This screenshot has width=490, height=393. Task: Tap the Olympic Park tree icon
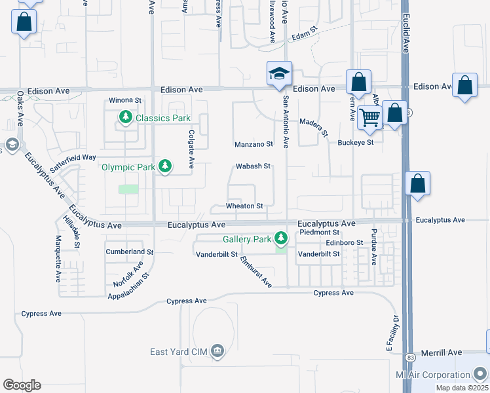click(x=166, y=166)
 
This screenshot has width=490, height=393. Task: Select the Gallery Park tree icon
click(x=281, y=237)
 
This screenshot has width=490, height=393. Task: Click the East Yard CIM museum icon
click(x=217, y=352)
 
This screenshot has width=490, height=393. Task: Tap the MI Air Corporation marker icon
click(x=480, y=375)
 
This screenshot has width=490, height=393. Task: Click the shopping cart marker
click(x=370, y=117)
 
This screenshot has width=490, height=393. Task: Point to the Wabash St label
click(x=253, y=166)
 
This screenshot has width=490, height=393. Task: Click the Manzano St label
click(x=254, y=144)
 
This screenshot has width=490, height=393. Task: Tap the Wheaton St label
click(x=244, y=206)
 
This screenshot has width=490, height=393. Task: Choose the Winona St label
click(x=125, y=100)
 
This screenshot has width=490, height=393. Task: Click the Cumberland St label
click(x=130, y=252)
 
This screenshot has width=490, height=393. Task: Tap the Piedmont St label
click(x=318, y=232)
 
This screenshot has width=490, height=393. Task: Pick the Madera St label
click(x=313, y=127)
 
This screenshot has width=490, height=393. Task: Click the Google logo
click(x=22, y=385)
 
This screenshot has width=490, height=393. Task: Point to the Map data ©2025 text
click(x=462, y=388)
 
